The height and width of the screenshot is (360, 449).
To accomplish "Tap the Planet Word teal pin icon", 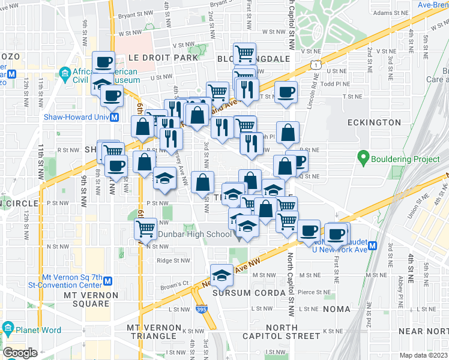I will pos(8,328).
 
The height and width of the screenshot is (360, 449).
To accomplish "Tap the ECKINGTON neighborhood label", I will pos(374,122).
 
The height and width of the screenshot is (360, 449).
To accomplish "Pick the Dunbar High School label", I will pos(194,234).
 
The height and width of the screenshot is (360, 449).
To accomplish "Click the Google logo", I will pos(20,353).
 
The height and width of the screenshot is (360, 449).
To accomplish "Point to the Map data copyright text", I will pos(423,355).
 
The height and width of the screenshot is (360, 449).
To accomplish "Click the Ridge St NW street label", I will pos(173,260).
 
